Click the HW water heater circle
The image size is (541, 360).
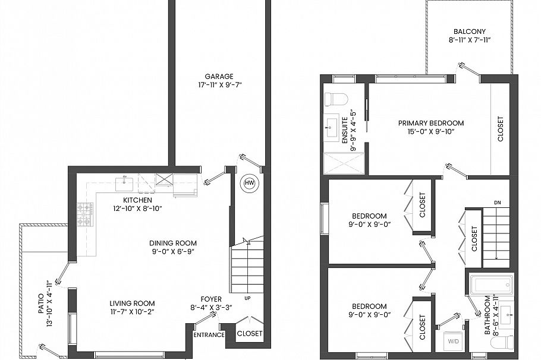pos(249,183)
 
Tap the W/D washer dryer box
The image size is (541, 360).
pos(454,342)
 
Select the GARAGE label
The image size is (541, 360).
pos(219,76)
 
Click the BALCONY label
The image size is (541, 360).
pos(469,31)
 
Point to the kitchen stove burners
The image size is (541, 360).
pos(85,214)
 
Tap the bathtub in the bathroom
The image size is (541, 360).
pos(490,283)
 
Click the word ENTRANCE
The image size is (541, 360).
pos(209,335)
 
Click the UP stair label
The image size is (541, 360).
pos(247,298)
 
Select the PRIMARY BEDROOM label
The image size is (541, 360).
pos(430,123)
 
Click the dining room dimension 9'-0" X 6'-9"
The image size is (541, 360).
pos(172,252)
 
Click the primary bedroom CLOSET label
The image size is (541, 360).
pos(500,128)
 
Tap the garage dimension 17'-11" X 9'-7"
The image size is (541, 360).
pos(219,85)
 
